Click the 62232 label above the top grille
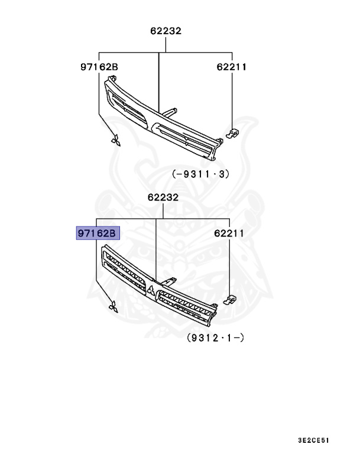tap(158, 31)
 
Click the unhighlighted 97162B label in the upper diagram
tap(99, 67)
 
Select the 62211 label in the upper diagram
tap(231, 67)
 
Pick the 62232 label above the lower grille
tap(156, 198)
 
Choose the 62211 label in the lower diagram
tap(228, 234)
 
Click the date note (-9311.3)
tap(200, 174)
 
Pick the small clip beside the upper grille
tap(233, 133)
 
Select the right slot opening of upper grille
tap(184, 137)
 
